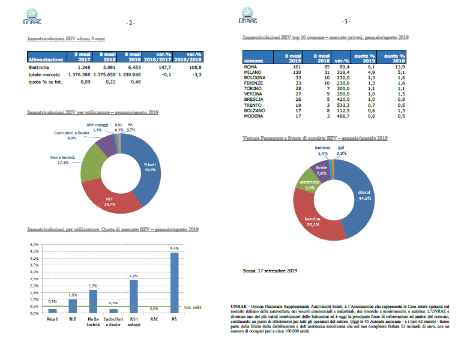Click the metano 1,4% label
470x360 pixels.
(323, 151)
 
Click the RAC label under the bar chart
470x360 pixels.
(154, 319)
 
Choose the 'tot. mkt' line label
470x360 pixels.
(194, 308)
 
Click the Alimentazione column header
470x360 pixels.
(46, 60)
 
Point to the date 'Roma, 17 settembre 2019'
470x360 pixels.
(270, 271)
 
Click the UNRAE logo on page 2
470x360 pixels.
(35, 16)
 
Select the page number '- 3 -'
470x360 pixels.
(345, 22)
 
